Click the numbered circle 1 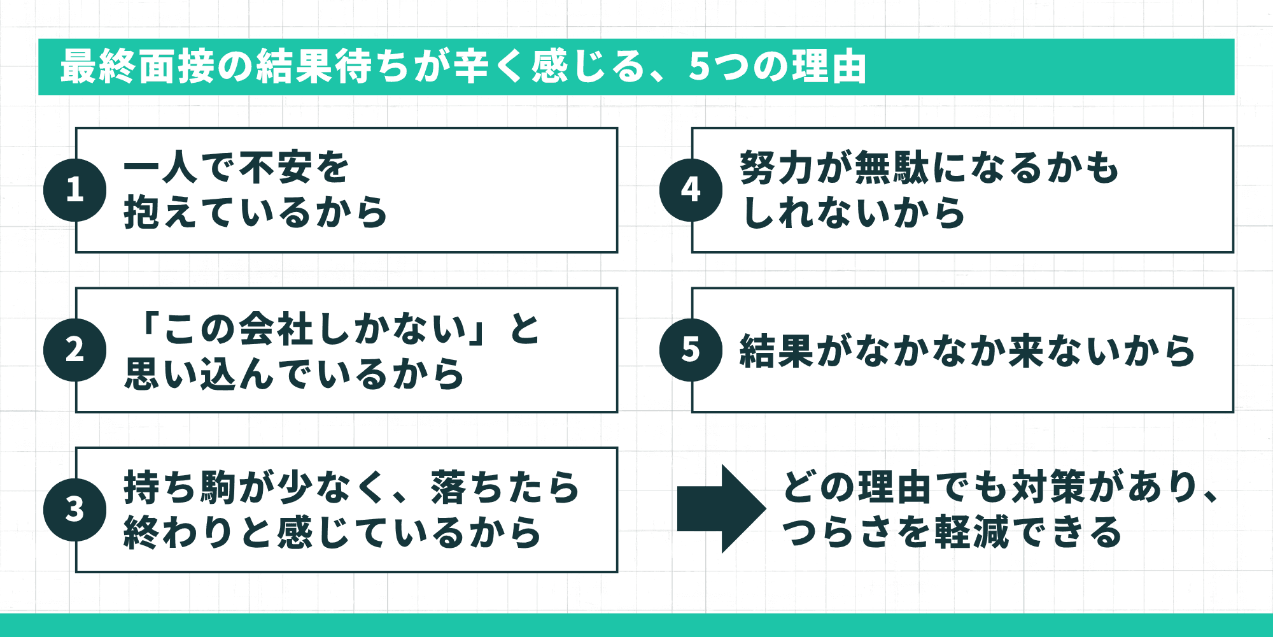click(75, 190)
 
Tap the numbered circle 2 click(75, 350)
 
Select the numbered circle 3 click(75, 510)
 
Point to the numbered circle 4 click(691, 190)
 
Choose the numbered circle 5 click(691, 350)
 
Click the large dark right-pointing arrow click(721, 508)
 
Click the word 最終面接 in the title click(137, 67)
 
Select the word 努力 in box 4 click(778, 168)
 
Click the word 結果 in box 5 click(777, 351)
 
